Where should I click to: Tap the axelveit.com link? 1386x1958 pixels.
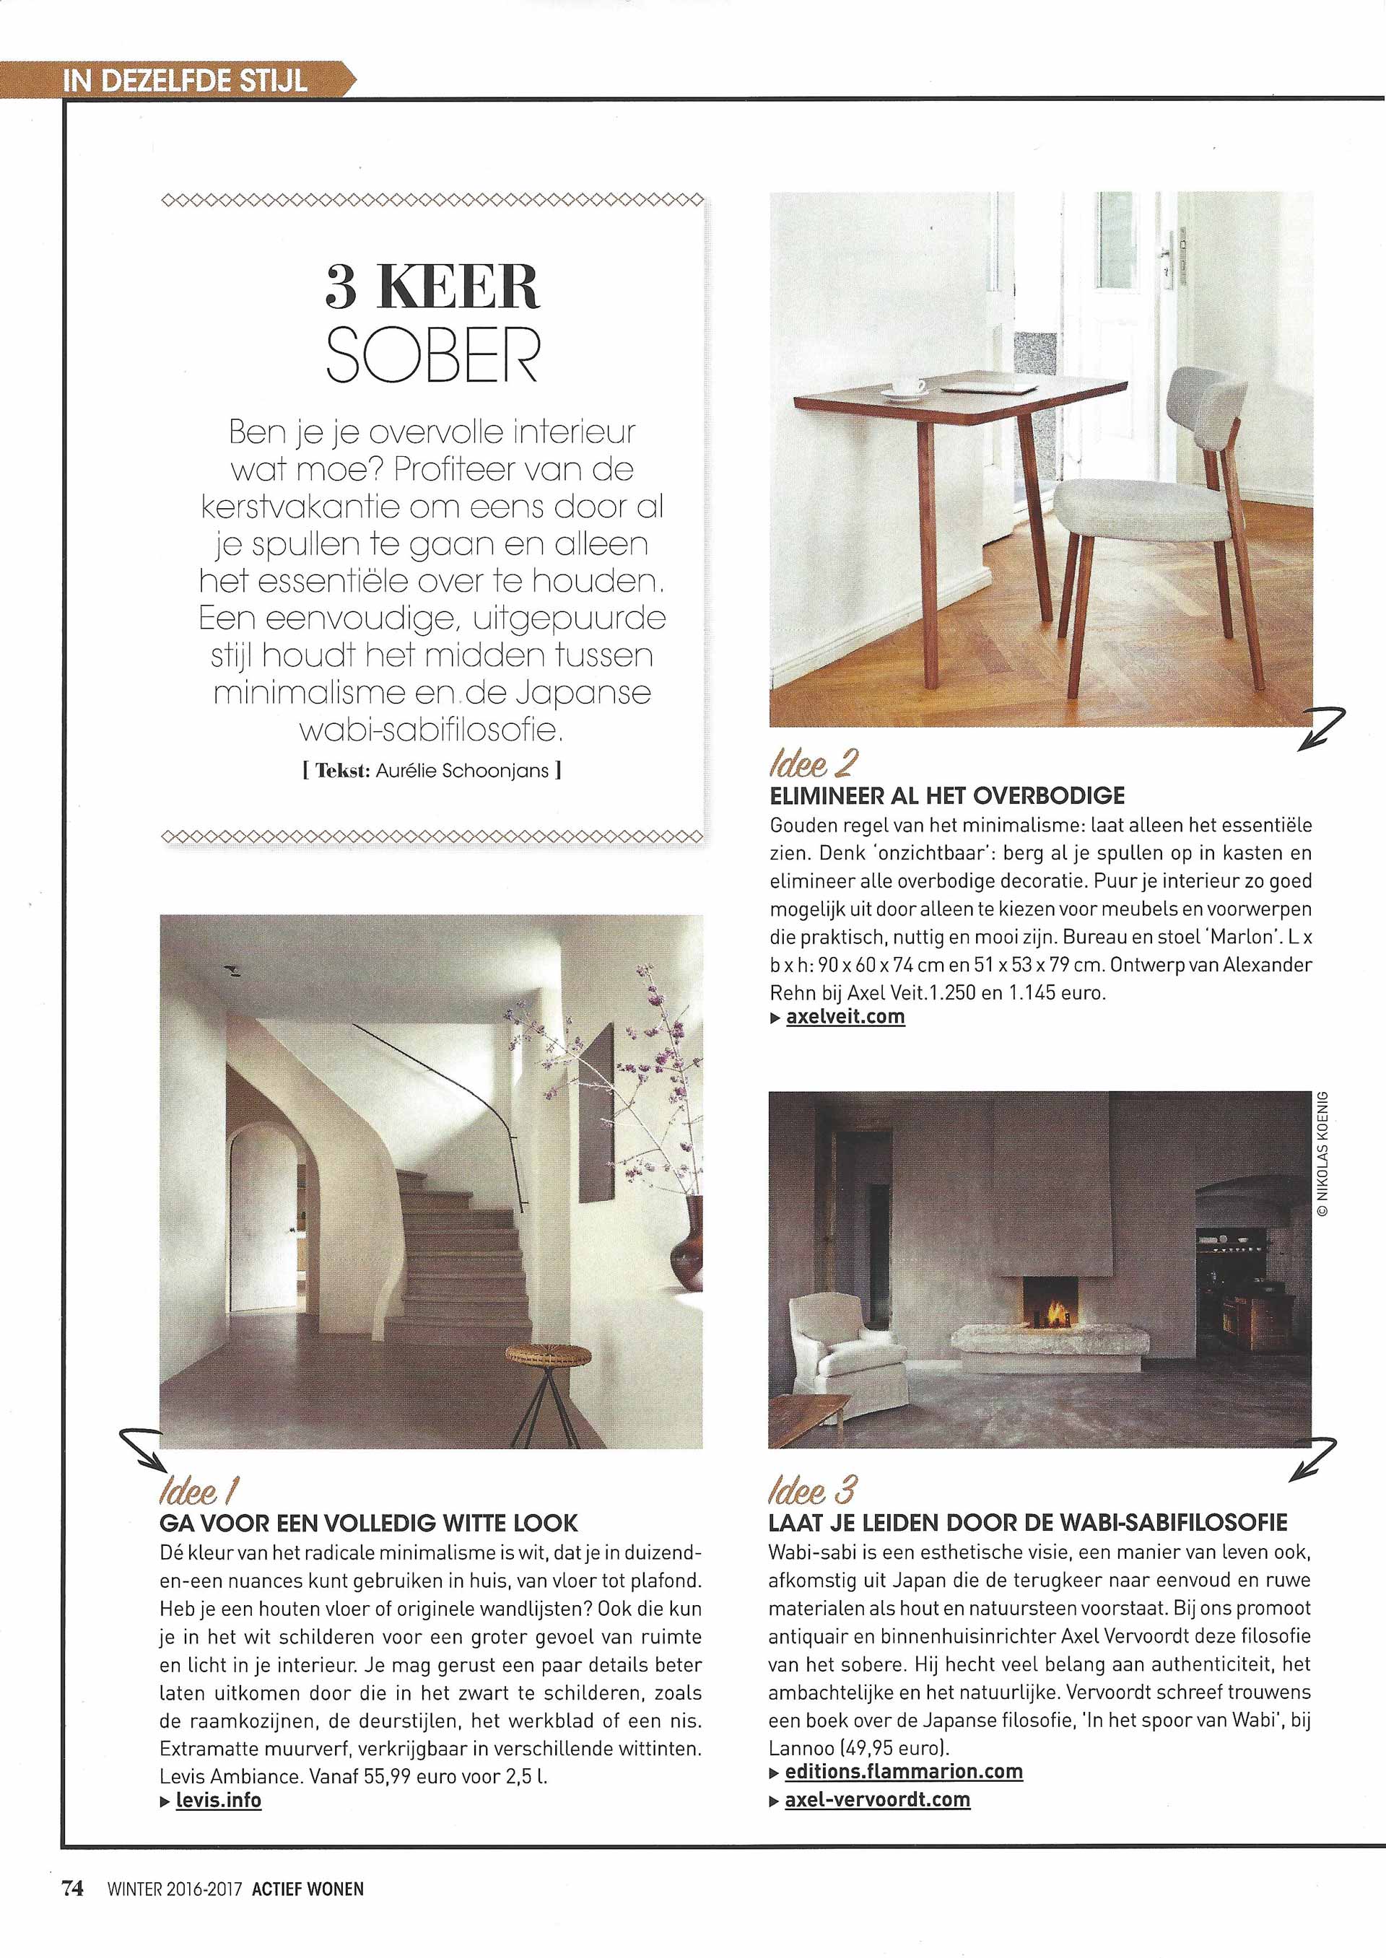point(844,1016)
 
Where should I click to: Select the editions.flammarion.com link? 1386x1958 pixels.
point(904,1771)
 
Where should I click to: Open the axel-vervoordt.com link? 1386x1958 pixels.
point(877,1799)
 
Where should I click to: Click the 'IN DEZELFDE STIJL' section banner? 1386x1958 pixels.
point(183,81)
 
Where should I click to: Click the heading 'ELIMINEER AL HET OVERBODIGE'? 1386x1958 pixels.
point(947,795)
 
